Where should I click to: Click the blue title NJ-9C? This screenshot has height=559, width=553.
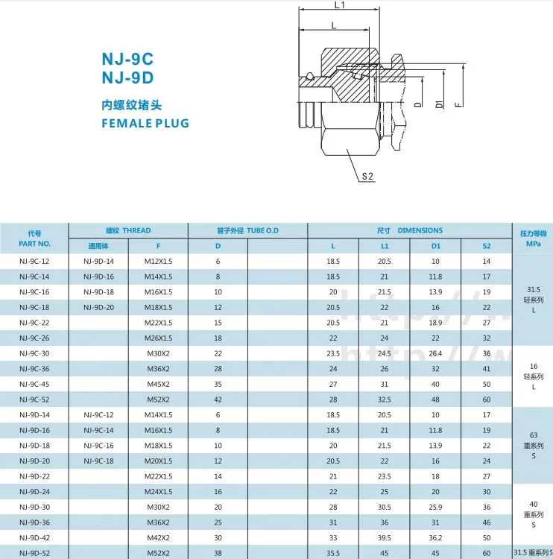click(x=127, y=59)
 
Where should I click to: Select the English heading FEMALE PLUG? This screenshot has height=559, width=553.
click(x=145, y=123)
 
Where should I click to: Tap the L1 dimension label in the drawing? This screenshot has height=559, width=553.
click(x=340, y=6)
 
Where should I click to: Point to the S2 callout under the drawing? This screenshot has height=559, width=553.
click(x=367, y=177)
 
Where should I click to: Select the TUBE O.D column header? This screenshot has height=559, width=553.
click(x=247, y=230)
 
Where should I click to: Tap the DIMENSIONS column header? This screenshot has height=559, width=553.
click(x=409, y=230)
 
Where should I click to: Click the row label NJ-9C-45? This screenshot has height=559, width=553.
click(x=34, y=384)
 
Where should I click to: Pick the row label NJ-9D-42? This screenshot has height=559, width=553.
click(x=34, y=537)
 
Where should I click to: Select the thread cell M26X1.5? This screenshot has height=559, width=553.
click(x=158, y=338)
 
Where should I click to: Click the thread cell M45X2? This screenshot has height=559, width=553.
click(x=158, y=384)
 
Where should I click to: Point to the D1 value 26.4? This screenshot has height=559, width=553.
click(x=435, y=353)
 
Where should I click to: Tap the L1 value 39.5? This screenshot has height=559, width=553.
click(x=385, y=537)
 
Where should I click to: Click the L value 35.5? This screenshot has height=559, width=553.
click(x=333, y=552)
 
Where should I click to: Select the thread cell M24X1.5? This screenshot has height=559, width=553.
click(x=158, y=491)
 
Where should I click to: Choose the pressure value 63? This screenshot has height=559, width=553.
click(x=533, y=434)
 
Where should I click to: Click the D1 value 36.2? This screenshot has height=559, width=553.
click(x=435, y=537)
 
